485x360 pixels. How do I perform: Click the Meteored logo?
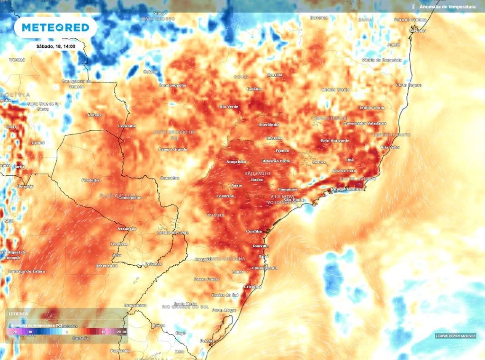(x=55, y=27)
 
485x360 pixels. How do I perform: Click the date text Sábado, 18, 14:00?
(x=55, y=47)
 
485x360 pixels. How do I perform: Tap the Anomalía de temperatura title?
(x=447, y=7)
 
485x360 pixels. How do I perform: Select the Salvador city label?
(x=417, y=30)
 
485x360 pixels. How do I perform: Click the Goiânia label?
(x=254, y=89)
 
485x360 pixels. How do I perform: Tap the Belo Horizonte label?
(x=335, y=141)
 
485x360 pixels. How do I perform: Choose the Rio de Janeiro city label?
(x=346, y=189)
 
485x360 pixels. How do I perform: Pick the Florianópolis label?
(x=265, y=268)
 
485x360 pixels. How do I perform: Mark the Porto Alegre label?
(x=225, y=310)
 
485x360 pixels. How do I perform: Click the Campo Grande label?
(x=173, y=149)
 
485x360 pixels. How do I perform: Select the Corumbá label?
(x=127, y=126)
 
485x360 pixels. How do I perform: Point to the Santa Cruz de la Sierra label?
(x=43, y=106)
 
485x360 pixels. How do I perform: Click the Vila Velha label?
(x=391, y=147)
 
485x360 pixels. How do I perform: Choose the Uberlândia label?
(x=269, y=125)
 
